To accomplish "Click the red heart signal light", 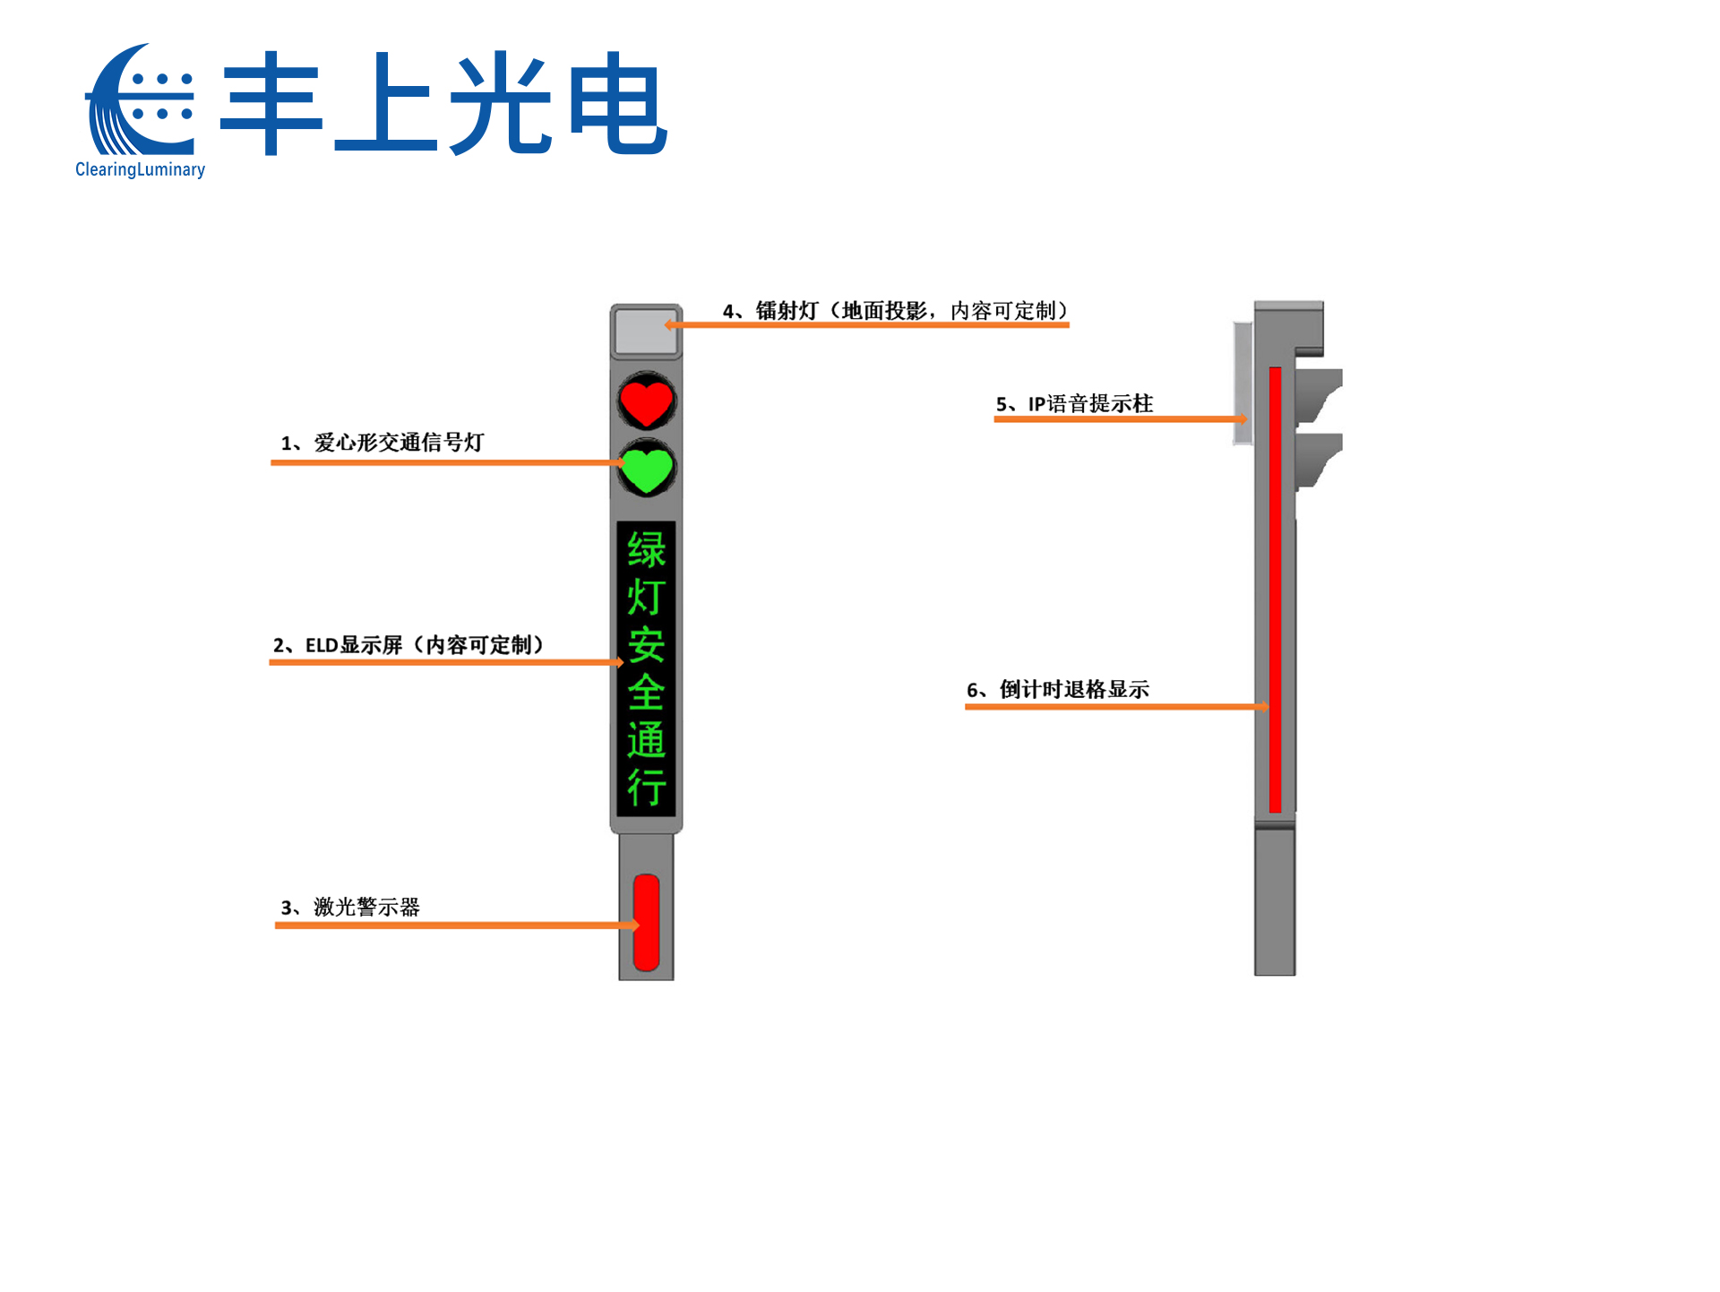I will coord(646,402).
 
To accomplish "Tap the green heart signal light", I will coord(646,469).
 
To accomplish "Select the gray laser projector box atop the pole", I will coord(645,332).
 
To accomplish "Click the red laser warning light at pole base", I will coord(646,922).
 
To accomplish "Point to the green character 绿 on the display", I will coord(646,549).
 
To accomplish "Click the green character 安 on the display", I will coord(646,645).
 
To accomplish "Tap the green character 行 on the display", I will coord(646,788).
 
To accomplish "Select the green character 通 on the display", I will coord(646,740).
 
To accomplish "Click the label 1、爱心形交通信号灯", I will coord(383,443).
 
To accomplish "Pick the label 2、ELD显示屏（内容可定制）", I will coord(408,645).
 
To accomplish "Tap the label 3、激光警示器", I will coord(350,907).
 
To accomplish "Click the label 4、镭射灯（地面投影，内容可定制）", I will coord(896,311).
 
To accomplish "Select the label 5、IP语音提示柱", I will coord(1074,404).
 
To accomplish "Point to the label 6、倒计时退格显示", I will coord(1057,690).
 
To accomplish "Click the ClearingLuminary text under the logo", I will coord(140,169).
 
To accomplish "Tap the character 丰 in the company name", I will coord(271,103).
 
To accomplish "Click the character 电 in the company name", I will coord(617,103).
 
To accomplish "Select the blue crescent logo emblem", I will coord(139,100).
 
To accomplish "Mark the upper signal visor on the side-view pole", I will coord(1317,394).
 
